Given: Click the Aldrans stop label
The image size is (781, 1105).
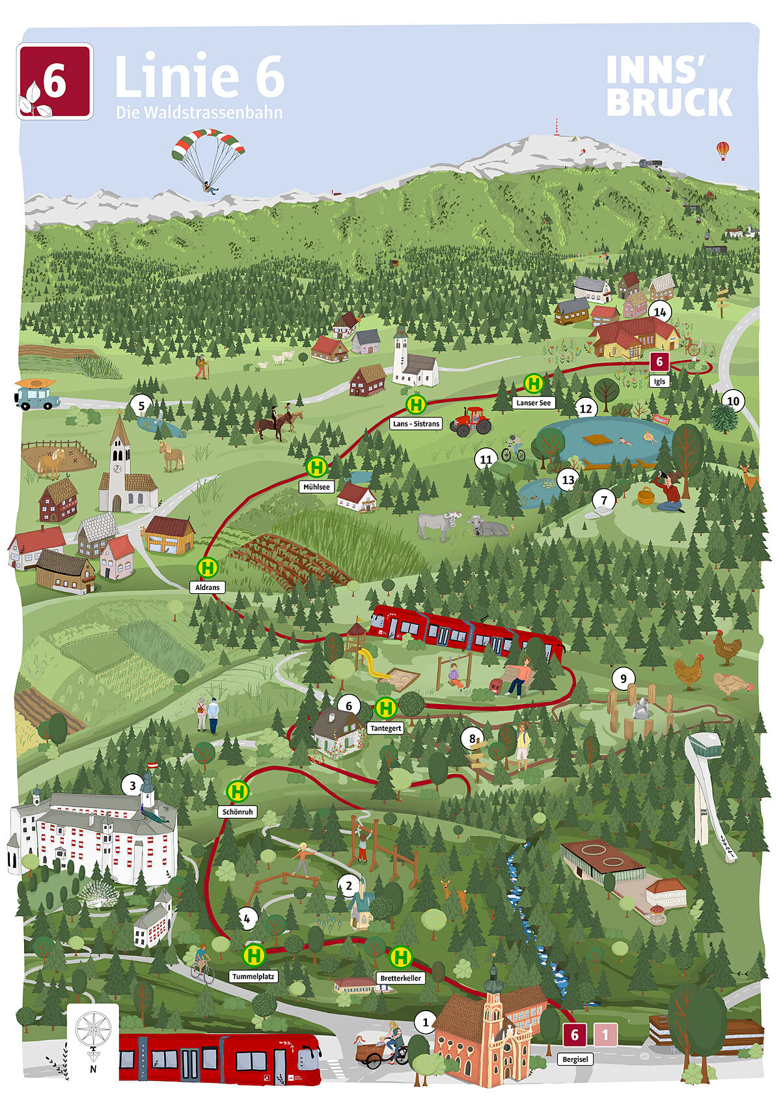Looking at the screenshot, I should (x=208, y=587).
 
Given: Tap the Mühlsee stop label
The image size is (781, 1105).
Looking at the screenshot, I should (x=316, y=486).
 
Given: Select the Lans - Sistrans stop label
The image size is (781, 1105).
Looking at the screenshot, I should (x=417, y=424).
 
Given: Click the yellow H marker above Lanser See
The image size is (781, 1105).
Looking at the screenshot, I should (x=534, y=384).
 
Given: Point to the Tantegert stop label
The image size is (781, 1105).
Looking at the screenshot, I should (x=385, y=728).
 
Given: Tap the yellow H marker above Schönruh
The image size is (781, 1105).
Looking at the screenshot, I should (x=238, y=792).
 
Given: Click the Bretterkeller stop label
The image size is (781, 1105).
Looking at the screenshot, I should (x=400, y=978).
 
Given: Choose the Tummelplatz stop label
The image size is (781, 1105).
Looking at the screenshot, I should (x=254, y=977).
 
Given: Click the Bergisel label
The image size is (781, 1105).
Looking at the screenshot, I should (x=575, y=1059).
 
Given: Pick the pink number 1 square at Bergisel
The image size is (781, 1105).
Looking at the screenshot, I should (x=605, y=1034).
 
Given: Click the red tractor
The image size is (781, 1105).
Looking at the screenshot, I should (x=472, y=421).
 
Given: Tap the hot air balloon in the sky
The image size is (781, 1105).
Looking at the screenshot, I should (x=723, y=150).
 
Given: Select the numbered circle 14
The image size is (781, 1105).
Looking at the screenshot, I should (x=660, y=313).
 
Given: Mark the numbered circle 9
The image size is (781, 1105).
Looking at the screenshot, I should (x=623, y=678).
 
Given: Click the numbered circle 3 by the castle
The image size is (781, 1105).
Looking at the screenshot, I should (x=133, y=785).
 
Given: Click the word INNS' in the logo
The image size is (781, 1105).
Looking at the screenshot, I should (x=646, y=70).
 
